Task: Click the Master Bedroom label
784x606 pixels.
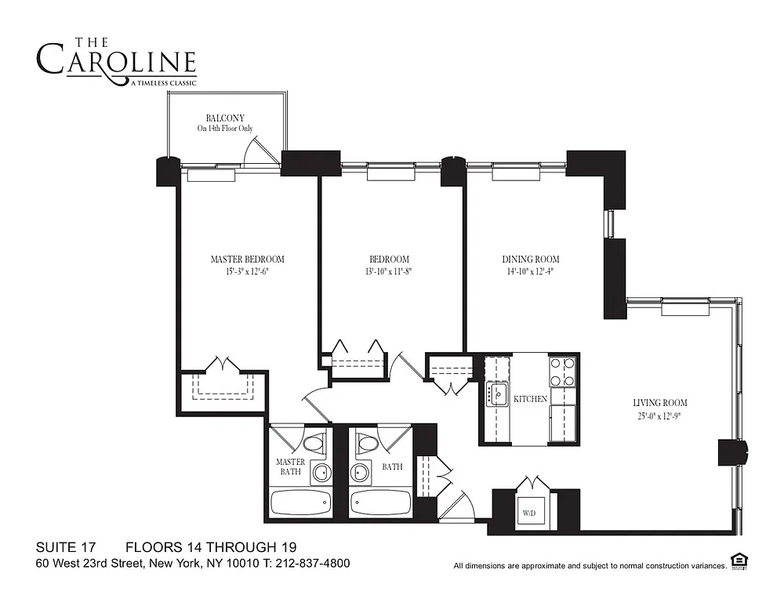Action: click(248, 259)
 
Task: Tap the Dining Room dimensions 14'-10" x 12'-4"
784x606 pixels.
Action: click(531, 271)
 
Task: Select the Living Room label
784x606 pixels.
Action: click(660, 402)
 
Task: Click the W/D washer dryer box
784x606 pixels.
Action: click(529, 513)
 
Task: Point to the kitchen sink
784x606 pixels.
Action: click(497, 394)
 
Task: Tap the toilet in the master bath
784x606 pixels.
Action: click(315, 444)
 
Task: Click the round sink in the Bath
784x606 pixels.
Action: click(359, 471)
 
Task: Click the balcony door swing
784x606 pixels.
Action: click(260, 150)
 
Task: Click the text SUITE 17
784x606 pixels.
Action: click(66, 547)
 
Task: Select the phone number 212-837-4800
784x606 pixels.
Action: click(312, 564)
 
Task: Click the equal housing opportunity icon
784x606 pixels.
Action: click(739, 561)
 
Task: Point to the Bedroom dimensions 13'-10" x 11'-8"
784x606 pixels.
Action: click(389, 271)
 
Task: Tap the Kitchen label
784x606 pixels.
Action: click(530, 399)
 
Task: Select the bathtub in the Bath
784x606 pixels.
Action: click(380, 503)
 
